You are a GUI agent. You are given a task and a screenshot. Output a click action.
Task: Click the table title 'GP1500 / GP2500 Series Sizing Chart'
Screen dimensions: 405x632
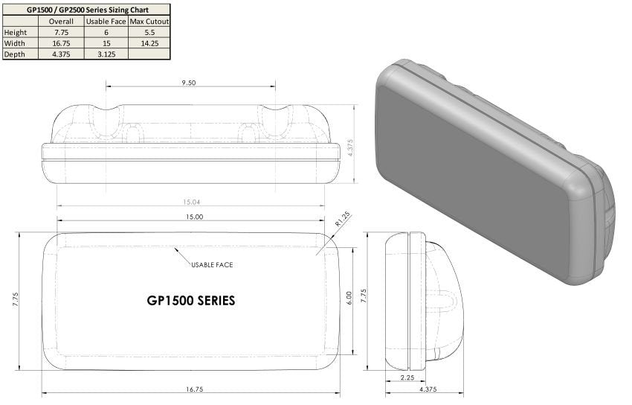point(87,10)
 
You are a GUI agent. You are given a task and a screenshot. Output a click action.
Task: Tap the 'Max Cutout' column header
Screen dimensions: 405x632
point(149,22)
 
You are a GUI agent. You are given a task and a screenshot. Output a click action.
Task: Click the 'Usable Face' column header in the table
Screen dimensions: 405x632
point(106,22)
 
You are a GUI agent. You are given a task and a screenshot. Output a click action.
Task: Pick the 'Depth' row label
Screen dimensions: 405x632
point(15,54)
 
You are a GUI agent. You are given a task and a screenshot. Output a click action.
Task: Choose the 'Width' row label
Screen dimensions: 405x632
point(15,43)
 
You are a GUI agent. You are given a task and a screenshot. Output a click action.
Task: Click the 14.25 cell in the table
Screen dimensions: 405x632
point(149,43)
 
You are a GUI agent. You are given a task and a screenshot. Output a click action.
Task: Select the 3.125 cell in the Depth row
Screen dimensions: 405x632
point(106,54)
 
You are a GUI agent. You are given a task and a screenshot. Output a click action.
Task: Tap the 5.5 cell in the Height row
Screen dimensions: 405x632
point(149,32)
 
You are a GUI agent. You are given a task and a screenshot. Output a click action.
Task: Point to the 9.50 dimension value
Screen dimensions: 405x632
point(188,83)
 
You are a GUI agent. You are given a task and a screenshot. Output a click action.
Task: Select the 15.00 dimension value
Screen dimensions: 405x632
point(193,217)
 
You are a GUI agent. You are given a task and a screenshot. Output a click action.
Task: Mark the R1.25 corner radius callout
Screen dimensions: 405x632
point(342,221)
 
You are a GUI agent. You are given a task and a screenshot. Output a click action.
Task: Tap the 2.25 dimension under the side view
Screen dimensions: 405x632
point(407,378)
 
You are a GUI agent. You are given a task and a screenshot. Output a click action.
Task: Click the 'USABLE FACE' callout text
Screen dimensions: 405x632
point(211,265)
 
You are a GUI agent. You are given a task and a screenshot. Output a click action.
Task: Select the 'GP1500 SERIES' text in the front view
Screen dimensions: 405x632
point(191,301)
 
